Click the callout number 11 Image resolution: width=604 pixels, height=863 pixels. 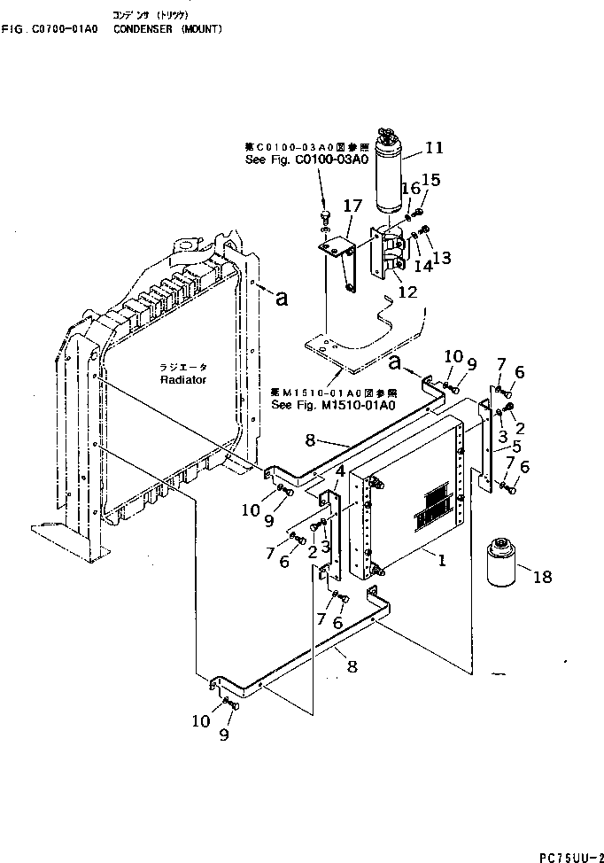[x=434, y=148]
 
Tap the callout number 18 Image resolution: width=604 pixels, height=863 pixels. [x=542, y=577]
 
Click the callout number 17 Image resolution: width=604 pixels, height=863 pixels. [x=352, y=206]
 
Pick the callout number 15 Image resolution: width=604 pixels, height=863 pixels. [x=430, y=180]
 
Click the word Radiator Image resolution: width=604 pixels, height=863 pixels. [x=183, y=379]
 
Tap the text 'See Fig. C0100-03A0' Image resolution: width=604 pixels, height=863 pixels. [x=306, y=159]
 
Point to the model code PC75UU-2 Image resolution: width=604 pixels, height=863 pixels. [x=565, y=855]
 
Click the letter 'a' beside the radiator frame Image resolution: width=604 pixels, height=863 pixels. [x=282, y=299]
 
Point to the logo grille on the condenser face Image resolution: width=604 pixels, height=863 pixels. [x=437, y=506]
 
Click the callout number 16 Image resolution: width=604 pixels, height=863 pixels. [x=410, y=188]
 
